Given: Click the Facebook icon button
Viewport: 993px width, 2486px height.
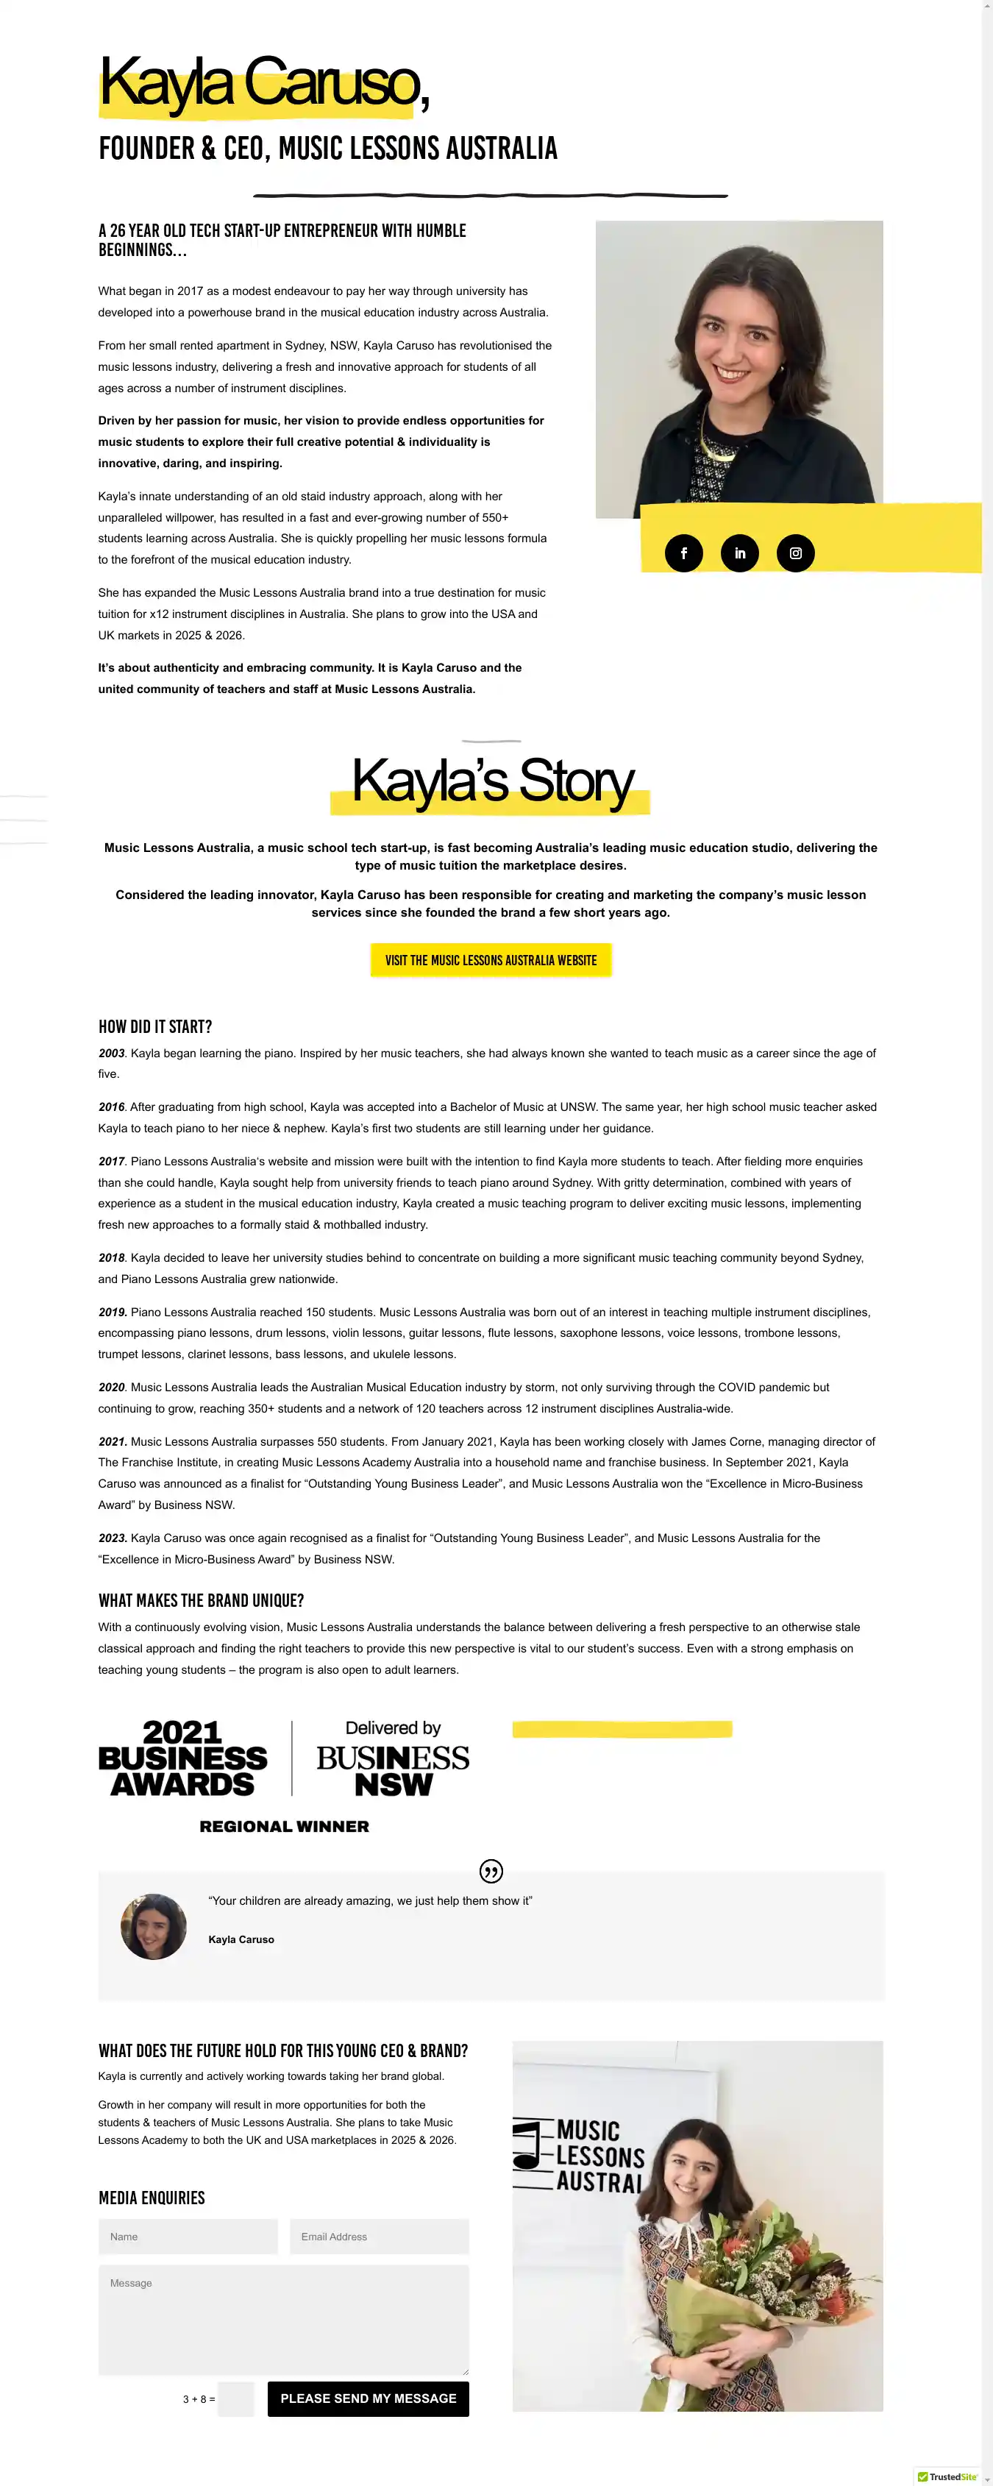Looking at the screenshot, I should click(683, 553).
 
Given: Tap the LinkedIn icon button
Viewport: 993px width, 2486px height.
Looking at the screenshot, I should click(739, 553).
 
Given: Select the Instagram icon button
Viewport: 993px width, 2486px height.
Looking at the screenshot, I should click(795, 553).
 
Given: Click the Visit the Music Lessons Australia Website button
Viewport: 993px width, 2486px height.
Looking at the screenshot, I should click(490, 960).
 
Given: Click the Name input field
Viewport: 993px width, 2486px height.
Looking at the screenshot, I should click(188, 2236).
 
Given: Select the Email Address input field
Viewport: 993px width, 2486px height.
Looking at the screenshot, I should click(380, 2236).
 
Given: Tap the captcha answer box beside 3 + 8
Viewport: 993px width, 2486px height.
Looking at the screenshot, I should click(236, 2398).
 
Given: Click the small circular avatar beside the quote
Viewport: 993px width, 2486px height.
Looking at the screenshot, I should click(154, 1926).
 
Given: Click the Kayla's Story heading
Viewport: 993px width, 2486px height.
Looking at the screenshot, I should click(492, 781).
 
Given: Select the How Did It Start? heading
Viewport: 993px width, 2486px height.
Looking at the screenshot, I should click(155, 1027).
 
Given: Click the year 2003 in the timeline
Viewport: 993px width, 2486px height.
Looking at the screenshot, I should click(112, 1053).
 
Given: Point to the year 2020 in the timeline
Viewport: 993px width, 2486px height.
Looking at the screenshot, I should click(112, 1387).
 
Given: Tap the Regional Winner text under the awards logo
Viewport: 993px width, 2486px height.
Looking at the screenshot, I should click(284, 1826).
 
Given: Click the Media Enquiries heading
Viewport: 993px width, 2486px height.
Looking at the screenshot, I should click(152, 2198).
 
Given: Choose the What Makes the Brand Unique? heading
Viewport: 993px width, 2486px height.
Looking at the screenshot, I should click(201, 1600).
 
